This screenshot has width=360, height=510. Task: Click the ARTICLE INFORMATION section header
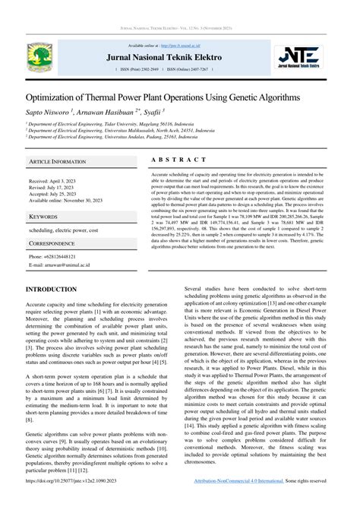click(58, 162)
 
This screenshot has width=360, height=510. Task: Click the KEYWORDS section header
click(44, 217)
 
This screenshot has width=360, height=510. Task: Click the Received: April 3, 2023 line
click(53, 182)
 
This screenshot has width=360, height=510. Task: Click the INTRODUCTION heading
click(51, 290)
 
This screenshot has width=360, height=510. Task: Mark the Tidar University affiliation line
click(110, 124)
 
